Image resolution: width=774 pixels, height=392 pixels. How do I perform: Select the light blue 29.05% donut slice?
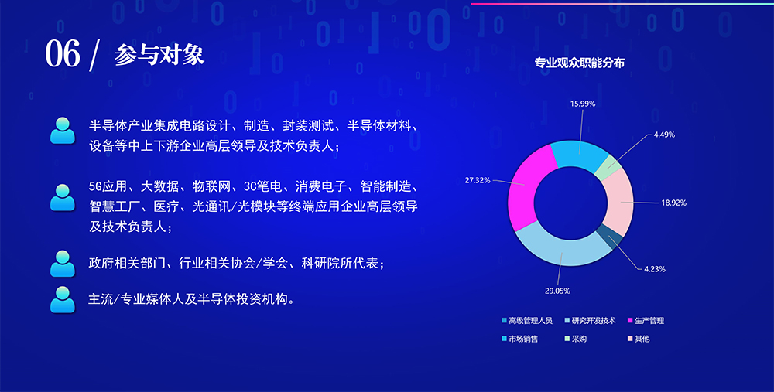pyautogui.click(x=560, y=251)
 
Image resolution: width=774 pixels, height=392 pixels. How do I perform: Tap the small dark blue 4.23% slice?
pyautogui.click(x=610, y=237)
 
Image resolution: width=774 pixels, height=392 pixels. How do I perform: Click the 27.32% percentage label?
pyautogui.click(x=478, y=180)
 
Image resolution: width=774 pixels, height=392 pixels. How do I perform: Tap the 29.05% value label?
pyautogui.click(x=557, y=291)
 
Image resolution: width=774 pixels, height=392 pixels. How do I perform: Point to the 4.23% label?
pyautogui.click(x=655, y=269)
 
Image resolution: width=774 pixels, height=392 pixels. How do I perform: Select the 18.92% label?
pyautogui.click(x=674, y=203)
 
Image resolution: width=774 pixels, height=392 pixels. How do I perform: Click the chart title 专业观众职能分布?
pyautogui.click(x=580, y=63)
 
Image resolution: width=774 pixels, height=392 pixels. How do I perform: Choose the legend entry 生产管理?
pyautogui.click(x=646, y=321)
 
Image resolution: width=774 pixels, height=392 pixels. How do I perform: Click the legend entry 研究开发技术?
pyautogui.click(x=590, y=321)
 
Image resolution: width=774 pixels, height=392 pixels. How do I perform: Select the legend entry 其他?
pyautogui.click(x=639, y=339)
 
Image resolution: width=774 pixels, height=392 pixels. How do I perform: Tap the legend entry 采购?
pyautogui.click(x=576, y=339)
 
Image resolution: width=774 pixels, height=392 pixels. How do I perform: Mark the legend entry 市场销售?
pyautogui.click(x=520, y=339)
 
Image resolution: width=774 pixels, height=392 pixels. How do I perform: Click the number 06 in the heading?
pyautogui.click(x=63, y=54)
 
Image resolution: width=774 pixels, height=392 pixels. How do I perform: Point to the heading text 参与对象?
pyautogui.click(x=159, y=55)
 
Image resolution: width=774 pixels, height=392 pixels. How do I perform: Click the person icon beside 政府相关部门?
pyautogui.click(x=62, y=264)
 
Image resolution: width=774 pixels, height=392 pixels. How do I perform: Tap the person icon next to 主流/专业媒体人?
pyautogui.click(x=62, y=299)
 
